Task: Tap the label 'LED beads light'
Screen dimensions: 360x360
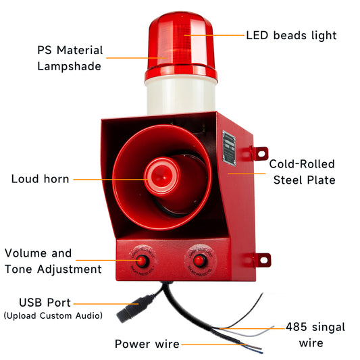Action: point(291,36)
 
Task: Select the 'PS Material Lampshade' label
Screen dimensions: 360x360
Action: point(70,58)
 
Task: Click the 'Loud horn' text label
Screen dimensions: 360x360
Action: point(40,179)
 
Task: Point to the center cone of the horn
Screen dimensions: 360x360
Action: point(162,176)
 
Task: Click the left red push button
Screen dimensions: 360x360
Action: point(142,261)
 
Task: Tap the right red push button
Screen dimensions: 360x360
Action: point(200,261)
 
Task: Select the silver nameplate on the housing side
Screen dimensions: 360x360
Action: point(229,148)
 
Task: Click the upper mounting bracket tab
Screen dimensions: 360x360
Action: point(260,153)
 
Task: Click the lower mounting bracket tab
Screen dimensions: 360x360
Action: point(263,260)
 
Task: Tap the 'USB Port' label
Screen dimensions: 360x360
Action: point(45,303)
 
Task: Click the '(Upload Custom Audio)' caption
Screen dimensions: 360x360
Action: point(53,315)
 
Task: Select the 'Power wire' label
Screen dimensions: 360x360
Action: point(147,344)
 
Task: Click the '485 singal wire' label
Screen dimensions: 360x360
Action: point(315,335)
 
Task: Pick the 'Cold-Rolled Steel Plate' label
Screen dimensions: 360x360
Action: point(303,172)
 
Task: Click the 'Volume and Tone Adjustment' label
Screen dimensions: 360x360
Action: point(53,261)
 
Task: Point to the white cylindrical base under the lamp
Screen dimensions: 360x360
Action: point(181,97)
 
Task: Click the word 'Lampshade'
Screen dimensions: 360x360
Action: point(69,66)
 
